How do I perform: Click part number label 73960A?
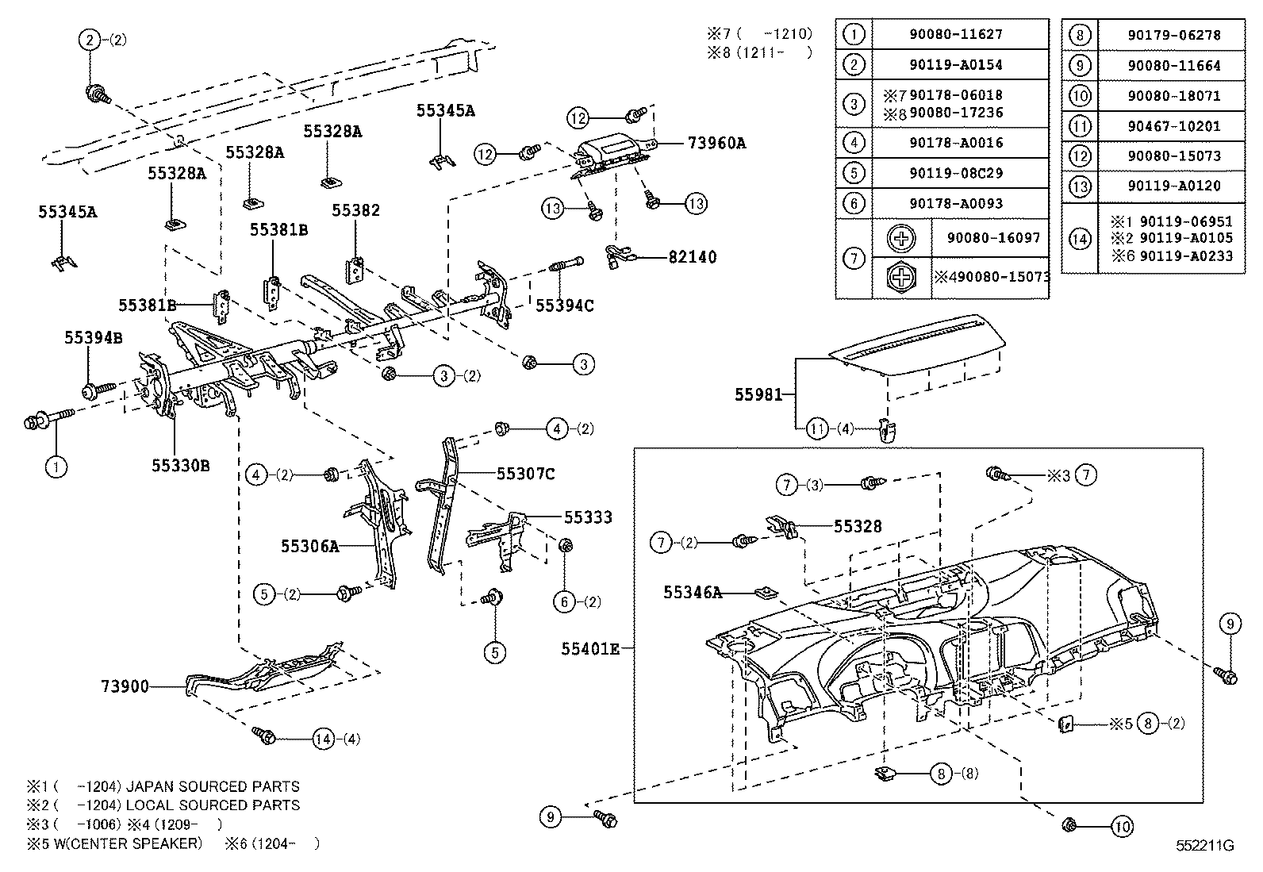pos(716,144)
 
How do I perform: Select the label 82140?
pos(692,257)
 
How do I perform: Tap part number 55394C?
pos(565,305)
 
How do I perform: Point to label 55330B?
pos(181,466)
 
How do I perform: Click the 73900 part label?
pos(125,686)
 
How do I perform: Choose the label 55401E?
pos(590,649)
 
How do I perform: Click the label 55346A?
pos(693,592)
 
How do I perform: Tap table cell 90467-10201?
pos(1173,126)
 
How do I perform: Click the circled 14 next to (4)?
pos(323,739)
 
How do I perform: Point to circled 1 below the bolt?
pos(56,467)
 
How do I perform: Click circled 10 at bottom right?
pos(1121,827)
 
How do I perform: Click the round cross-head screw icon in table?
pos(900,238)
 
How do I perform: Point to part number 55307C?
pos(525,474)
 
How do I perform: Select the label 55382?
pos(355,210)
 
